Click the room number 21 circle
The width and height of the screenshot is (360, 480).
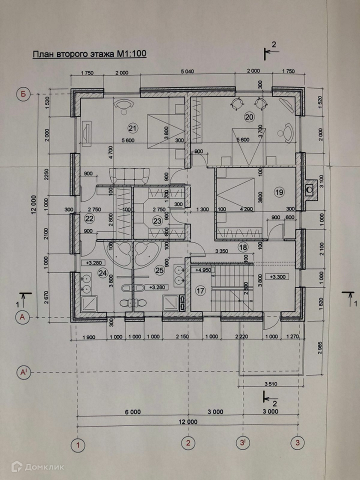point(132,126)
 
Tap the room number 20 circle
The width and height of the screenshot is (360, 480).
point(249,117)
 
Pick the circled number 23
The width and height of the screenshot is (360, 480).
point(157,220)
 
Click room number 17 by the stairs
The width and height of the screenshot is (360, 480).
point(200,290)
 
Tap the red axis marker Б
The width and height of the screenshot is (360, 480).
point(22,93)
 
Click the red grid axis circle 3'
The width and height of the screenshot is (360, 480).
point(243,443)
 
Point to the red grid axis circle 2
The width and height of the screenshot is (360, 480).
point(188,443)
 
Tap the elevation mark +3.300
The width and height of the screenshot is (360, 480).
point(279,276)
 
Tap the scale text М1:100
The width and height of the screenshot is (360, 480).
point(130,54)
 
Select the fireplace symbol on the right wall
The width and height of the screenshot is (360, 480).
point(310,190)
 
